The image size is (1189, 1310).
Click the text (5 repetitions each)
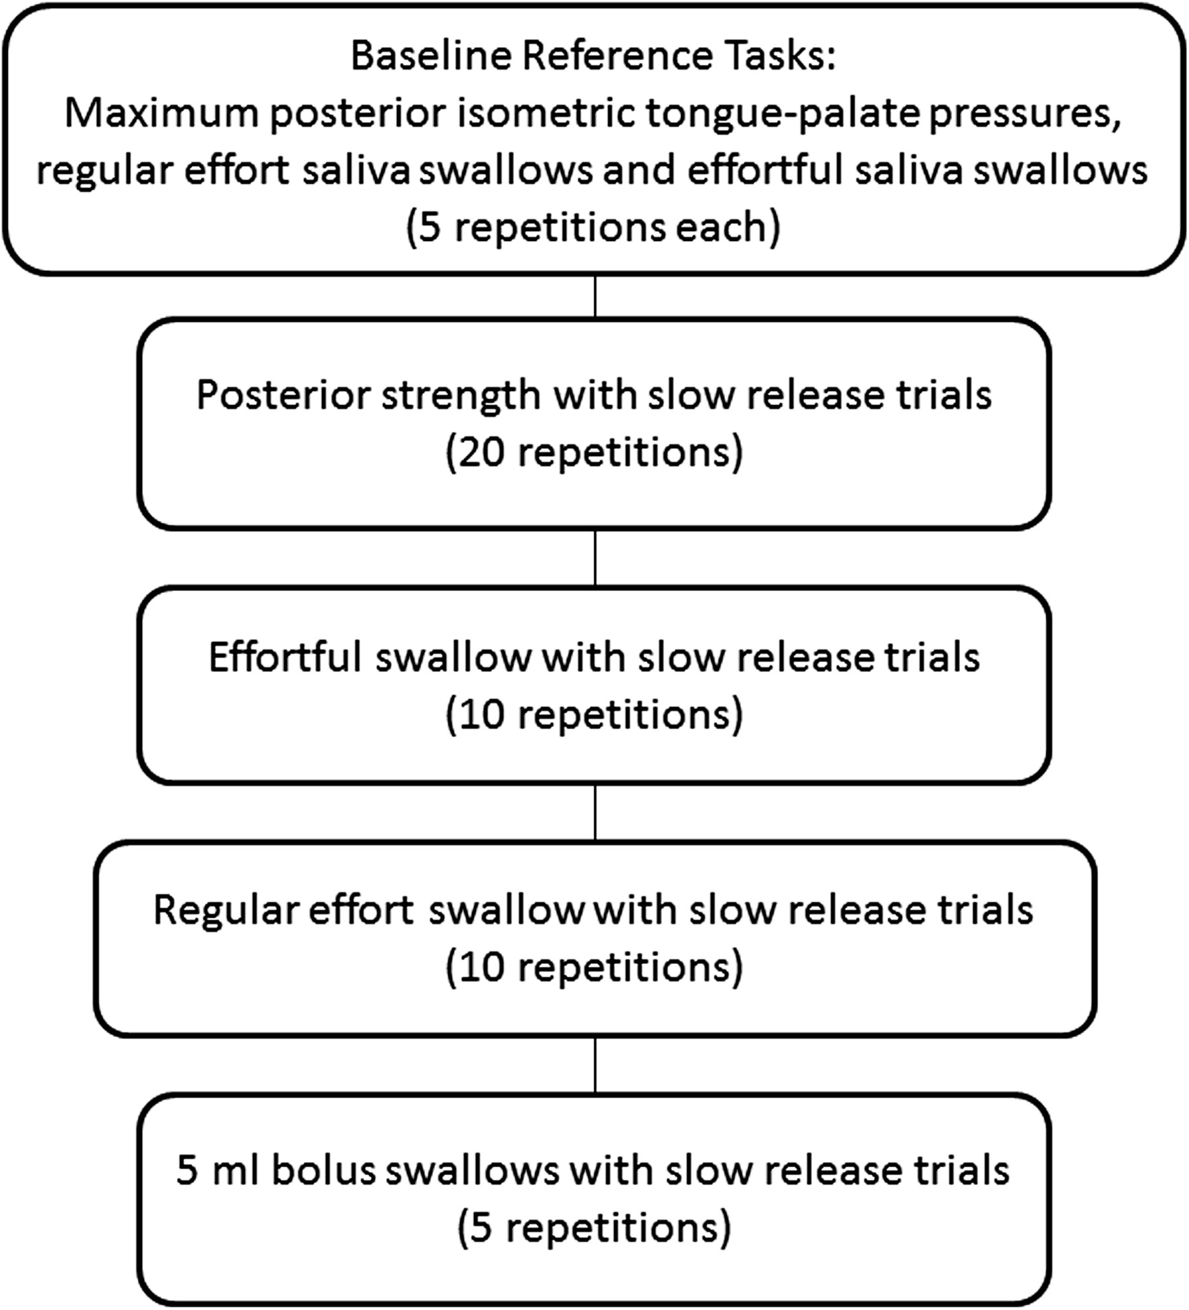[594, 228]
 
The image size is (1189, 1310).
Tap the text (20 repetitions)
[594, 453]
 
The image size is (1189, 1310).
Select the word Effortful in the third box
[285, 657]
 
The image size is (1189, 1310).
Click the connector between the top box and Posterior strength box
[595, 297]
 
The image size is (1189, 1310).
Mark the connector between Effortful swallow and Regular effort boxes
[595, 813]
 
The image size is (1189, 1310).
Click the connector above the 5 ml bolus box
[595, 1064]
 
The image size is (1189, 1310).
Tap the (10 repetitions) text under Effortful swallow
[594, 714]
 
